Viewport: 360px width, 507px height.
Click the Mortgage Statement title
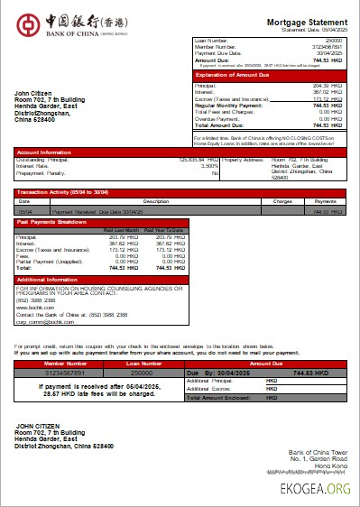[x=307, y=21]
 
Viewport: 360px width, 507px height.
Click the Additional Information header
[x=50, y=280]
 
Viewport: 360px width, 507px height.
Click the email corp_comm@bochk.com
[x=44, y=320]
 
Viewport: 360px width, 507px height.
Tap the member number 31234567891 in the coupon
[x=66, y=372]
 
